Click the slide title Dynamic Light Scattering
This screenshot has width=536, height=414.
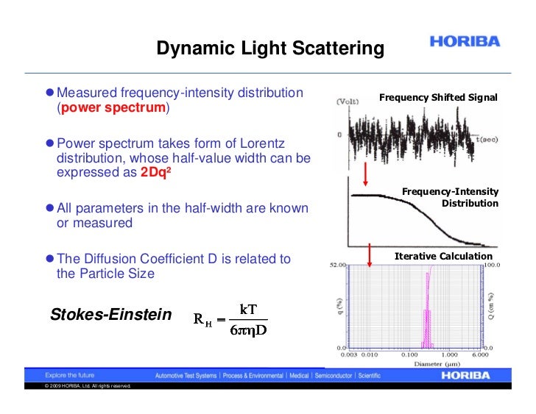pyautogui.click(x=269, y=49)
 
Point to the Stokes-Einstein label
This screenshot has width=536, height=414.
pyautogui.click(x=110, y=315)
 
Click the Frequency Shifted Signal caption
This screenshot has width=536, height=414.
pyautogui.click(x=438, y=98)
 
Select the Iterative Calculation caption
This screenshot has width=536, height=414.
pyautogui.click(x=443, y=256)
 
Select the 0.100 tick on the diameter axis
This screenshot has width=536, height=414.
pyautogui.click(x=409, y=354)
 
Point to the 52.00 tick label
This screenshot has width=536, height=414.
pyautogui.click(x=336, y=265)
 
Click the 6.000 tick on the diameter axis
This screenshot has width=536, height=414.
pyautogui.click(x=480, y=354)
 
